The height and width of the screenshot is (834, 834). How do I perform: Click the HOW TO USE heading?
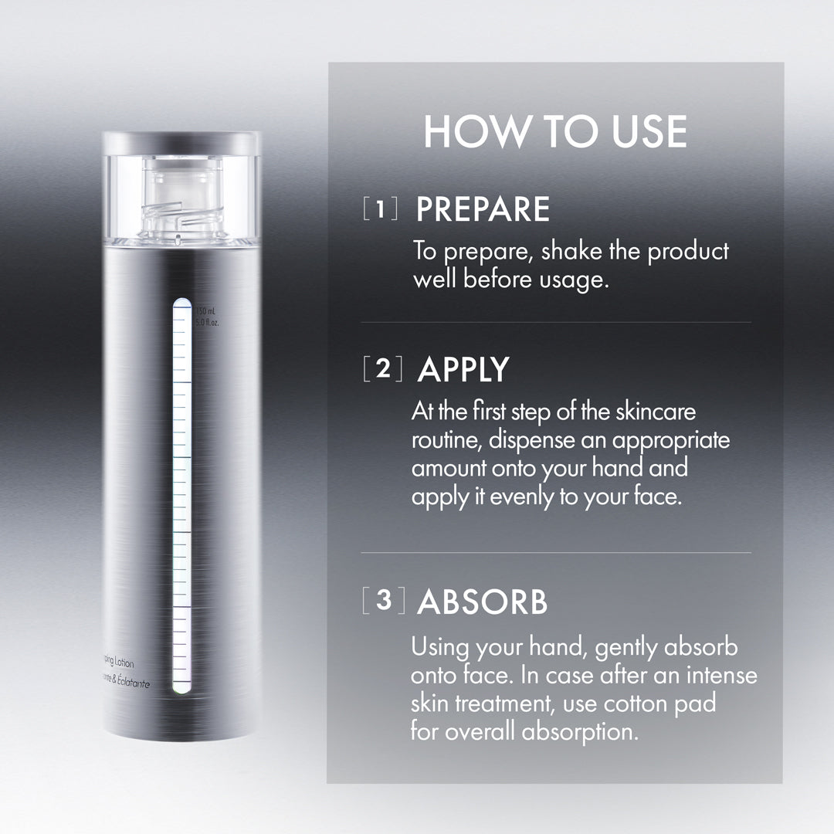554,131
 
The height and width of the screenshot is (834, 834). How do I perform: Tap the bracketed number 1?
381,209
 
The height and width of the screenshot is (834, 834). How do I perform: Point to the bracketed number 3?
383,602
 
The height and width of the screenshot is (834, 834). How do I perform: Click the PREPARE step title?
483,210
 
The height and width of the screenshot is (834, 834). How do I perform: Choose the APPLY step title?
463,370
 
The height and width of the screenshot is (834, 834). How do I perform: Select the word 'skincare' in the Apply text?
656,412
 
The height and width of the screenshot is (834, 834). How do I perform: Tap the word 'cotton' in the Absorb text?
624,703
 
